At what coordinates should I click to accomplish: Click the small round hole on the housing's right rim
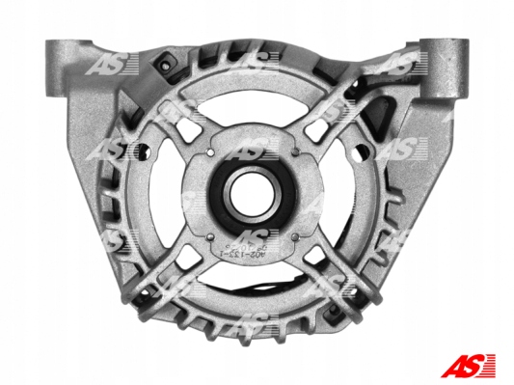pos(371,151)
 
